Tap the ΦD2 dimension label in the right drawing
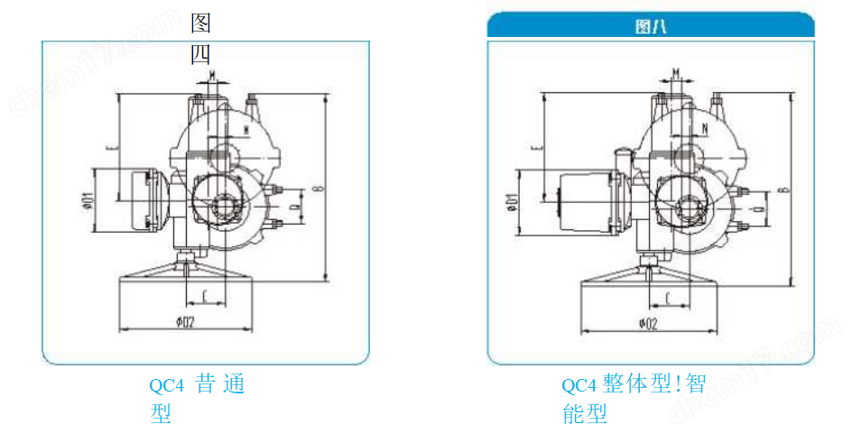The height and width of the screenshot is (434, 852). [647, 322]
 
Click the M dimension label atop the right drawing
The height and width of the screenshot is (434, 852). [676, 72]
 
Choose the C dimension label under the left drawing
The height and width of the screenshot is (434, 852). [205, 294]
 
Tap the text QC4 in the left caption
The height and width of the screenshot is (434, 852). [166, 386]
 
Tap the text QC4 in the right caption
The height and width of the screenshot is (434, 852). [579, 386]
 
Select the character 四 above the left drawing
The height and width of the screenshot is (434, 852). [200, 53]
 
